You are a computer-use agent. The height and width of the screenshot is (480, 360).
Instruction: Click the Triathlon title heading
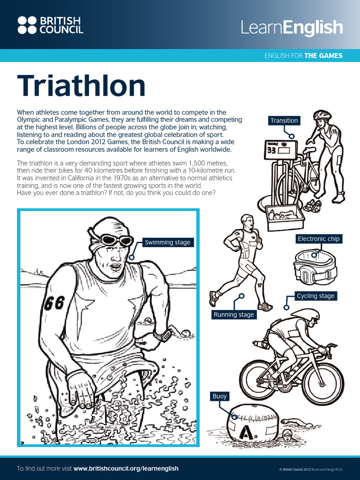(x=82, y=87)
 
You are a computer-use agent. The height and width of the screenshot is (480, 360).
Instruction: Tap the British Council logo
(x=50, y=25)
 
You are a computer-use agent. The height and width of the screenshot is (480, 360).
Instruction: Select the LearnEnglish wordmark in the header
(x=292, y=28)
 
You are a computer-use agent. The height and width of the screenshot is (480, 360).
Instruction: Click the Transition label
(x=284, y=120)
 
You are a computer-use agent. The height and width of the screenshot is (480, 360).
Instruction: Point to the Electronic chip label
(x=319, y=239)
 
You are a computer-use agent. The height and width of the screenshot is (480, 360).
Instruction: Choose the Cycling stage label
(x=315, y=296)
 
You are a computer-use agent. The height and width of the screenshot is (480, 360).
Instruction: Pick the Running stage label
(x=233, y=315)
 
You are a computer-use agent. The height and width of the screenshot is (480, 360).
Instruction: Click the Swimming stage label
(x=167, y=242)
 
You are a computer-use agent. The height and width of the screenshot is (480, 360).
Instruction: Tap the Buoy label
(x=219, y=396)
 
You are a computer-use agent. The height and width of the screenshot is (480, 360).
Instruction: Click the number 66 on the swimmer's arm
(x=54, y=303)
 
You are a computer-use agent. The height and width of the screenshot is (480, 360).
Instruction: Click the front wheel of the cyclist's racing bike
(x=323, y=383)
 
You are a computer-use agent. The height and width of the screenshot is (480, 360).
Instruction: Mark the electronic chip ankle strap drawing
(x=312, y=266)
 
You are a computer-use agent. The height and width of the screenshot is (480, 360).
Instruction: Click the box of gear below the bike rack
(x=284, y=217)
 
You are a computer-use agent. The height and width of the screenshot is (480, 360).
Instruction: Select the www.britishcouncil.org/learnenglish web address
(x=126, y=468)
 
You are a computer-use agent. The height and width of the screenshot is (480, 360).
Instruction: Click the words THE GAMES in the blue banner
(x=323, y=55)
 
